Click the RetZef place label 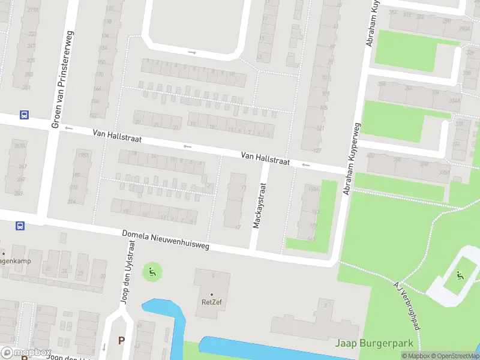(x=211, y=302)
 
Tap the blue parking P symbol (x=121, y=340)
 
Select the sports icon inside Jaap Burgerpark (x=460, y=275)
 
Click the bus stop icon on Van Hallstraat (x=24, y=115)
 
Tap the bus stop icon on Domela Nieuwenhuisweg (x=20, y=226)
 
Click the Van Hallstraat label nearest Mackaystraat (x=265, y=158)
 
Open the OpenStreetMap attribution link (x=455, y=356)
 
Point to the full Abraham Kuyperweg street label (x=352, y=158)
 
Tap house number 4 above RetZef (x=211, y=275)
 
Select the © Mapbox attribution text (x=416, y=356)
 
